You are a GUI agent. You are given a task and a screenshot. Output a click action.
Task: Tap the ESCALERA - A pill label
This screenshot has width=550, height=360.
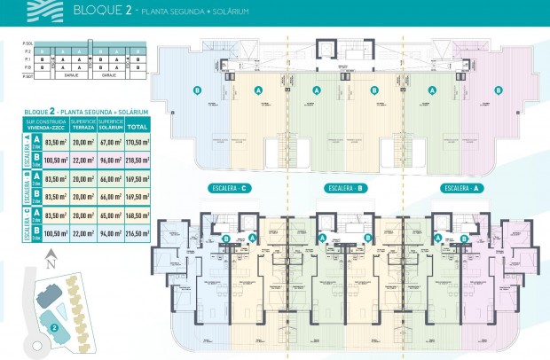pyautogui.click(x=460, y=188)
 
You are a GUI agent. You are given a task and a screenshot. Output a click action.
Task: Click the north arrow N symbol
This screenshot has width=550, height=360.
pyautogui.click(x=51, y=260)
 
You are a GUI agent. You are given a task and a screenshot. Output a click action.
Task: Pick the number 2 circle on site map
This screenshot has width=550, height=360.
pyautogui.click(x=55, y=327)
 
